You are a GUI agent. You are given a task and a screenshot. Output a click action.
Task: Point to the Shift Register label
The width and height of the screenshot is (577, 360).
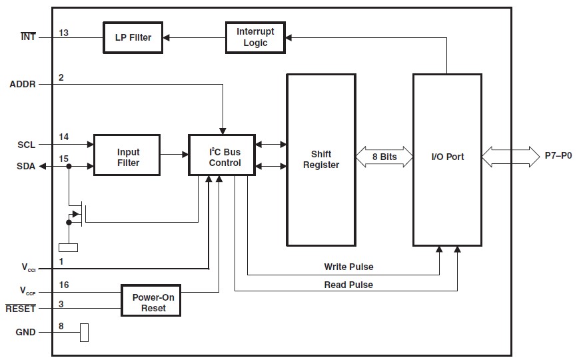pos(320,159)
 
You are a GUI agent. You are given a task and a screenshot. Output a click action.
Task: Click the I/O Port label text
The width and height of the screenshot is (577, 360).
pos(446,157)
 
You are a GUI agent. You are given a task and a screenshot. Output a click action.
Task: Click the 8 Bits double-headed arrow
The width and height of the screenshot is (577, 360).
pos(383,157)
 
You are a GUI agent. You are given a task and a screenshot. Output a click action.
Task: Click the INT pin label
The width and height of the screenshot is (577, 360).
pos(28,37)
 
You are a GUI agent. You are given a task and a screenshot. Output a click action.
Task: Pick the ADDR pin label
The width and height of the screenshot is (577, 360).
pos(23,84)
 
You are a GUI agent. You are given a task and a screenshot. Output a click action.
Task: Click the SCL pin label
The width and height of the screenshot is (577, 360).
pos(27,144)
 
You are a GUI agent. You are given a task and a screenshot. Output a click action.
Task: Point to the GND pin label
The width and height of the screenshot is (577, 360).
pos(26,332)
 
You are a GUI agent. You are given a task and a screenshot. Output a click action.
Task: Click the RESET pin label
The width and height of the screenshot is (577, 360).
pos(21,309)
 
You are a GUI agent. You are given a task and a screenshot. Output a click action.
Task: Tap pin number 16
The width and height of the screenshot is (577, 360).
pos(63,285)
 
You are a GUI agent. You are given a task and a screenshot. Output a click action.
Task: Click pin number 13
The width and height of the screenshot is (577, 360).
pos(63,32)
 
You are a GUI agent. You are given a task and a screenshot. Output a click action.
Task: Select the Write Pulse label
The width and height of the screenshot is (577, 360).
pos(348,267)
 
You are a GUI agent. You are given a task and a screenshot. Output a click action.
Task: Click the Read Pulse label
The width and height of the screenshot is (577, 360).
pos(348,285)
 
